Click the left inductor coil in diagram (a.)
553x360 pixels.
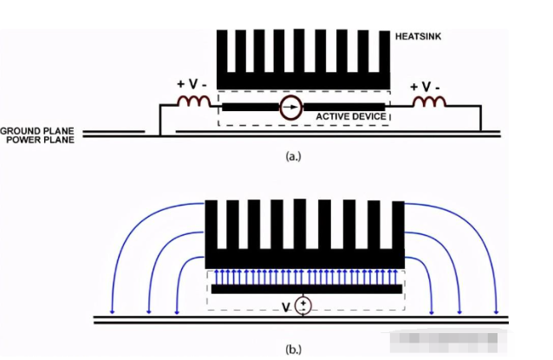[x=194, y=103]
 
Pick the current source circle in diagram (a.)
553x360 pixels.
[x=292, y=108]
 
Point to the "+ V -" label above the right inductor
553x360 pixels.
[x=426, y=87]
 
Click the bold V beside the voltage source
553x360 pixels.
[x=285, y=305]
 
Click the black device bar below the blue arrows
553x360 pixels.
[x=304, y=288]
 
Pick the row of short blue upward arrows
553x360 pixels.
[x=304, y=275]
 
